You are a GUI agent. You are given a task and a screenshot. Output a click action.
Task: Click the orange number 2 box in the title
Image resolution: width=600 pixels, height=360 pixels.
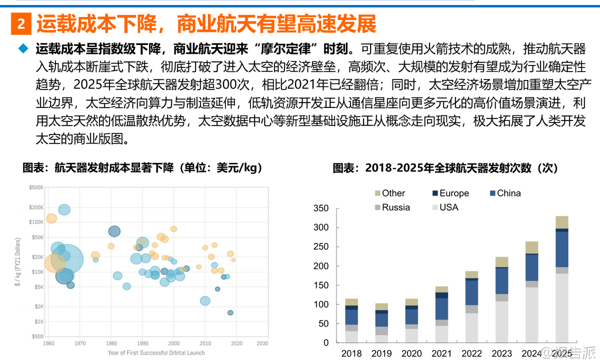[21, 23]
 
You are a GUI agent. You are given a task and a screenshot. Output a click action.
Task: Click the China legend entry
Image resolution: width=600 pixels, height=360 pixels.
[504, 193]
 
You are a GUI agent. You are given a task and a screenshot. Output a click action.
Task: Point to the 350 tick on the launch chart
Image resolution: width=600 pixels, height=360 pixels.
[320, 208]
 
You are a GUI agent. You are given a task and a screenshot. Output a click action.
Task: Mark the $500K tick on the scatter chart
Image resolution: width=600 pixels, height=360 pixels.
[36, 187]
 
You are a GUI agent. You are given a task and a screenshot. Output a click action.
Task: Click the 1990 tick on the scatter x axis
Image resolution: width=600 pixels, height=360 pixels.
[142, 343]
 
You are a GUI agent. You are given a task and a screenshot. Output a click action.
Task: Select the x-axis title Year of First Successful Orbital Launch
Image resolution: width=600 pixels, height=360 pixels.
[156, 352]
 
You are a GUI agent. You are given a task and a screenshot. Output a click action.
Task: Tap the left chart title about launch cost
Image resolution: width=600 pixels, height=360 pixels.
[142, 168]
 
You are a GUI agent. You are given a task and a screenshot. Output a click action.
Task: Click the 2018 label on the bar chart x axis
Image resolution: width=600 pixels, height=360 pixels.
[351, 353]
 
